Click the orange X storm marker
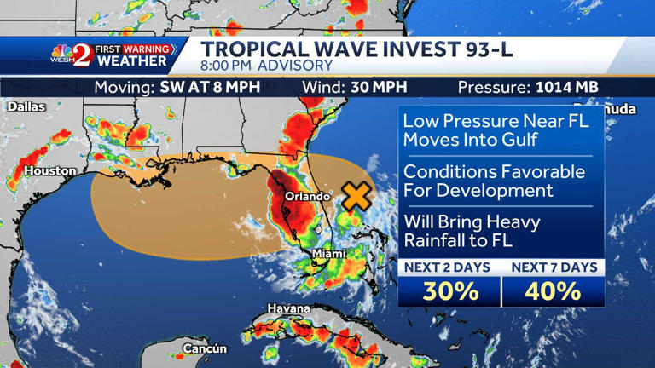pos(356,197)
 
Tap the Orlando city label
pos(307,197)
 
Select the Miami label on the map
pos(328,253)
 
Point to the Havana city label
pos(288,308)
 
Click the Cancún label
pos(205,348)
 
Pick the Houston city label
pos(49,171)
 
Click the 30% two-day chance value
pos(450,291)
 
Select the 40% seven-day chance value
pos(553,291)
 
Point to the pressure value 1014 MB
pos(566,87)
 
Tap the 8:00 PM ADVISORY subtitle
pos(267,66)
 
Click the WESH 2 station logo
pos(72,55)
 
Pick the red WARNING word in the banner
pos(147,49)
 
